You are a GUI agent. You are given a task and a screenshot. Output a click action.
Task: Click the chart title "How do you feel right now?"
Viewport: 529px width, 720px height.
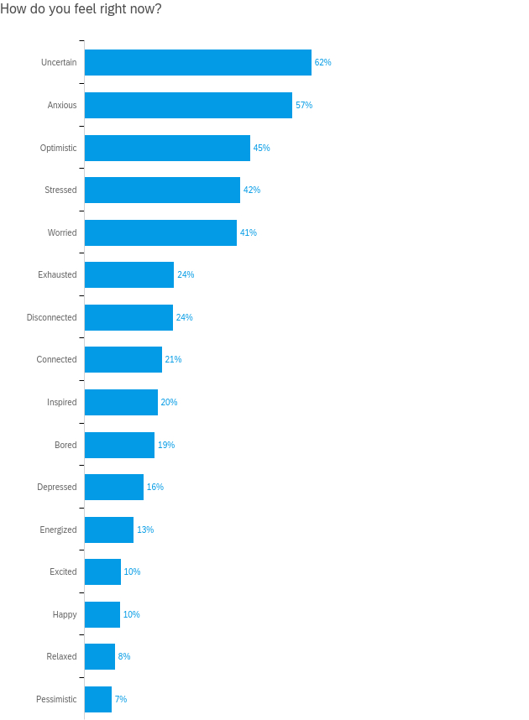(x=81, y=9)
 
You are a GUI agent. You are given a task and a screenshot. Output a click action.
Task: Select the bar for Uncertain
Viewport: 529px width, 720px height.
(x=197, y=63)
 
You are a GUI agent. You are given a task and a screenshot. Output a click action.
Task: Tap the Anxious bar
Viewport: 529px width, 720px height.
(x=188, y=105)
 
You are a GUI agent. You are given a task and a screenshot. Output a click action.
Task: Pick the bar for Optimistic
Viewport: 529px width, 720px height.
(x=167, y=148)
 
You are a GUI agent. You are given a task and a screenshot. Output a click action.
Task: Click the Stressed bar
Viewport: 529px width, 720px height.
(x=162, y=190)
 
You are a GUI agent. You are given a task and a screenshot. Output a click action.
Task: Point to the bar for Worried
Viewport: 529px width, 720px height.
(x=160, y=232)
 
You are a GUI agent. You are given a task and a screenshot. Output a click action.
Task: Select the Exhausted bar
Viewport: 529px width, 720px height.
(x=128, y=274)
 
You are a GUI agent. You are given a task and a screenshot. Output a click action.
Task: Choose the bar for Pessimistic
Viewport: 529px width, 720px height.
(x=97, y=699)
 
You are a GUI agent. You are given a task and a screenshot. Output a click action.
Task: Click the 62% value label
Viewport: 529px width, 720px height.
(x=322, y=63)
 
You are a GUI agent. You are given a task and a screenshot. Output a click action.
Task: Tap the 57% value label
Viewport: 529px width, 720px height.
(x=304, y=105)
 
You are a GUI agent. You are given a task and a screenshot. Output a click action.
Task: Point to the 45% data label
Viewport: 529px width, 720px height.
(x=261, y=148)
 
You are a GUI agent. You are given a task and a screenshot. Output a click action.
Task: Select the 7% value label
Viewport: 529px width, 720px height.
(x=121, y=699)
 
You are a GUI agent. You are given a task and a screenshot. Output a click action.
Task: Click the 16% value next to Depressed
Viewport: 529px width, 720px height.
(x=155, y=487)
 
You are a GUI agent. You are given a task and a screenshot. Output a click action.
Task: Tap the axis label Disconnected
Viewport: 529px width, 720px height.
(x=51, y=317)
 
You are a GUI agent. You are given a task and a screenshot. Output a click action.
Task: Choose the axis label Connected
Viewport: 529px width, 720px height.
(x=56, y=359)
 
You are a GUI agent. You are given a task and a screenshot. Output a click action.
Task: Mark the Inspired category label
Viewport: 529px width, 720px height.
(x=61, y=402)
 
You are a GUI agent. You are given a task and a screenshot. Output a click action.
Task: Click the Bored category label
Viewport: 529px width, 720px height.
(x=65, y=445)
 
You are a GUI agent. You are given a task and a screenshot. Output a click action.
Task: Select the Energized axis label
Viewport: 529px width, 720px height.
(x=58, y=530)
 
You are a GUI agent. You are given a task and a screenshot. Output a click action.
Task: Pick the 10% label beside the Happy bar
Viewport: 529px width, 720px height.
(x=132, y=614)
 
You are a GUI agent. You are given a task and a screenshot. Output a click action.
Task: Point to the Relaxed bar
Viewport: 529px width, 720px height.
(x=99, y=656)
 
